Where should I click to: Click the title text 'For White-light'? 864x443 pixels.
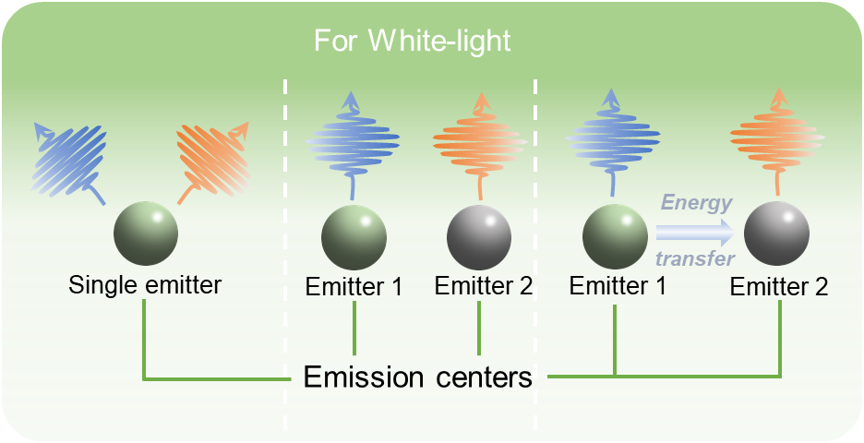413,42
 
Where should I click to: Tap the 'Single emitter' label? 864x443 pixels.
145,285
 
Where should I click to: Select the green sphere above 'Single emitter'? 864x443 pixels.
146,233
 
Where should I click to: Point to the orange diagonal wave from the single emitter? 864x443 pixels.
212,159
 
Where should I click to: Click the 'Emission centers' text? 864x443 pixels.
418,377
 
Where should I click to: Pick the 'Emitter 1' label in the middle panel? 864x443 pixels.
354,286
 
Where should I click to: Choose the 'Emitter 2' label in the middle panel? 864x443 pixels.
484,286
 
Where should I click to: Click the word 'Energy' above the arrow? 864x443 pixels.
697,204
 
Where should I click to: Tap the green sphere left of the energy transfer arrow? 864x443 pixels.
615,233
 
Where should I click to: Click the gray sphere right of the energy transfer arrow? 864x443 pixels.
777,233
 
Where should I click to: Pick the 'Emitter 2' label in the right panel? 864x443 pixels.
779,288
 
